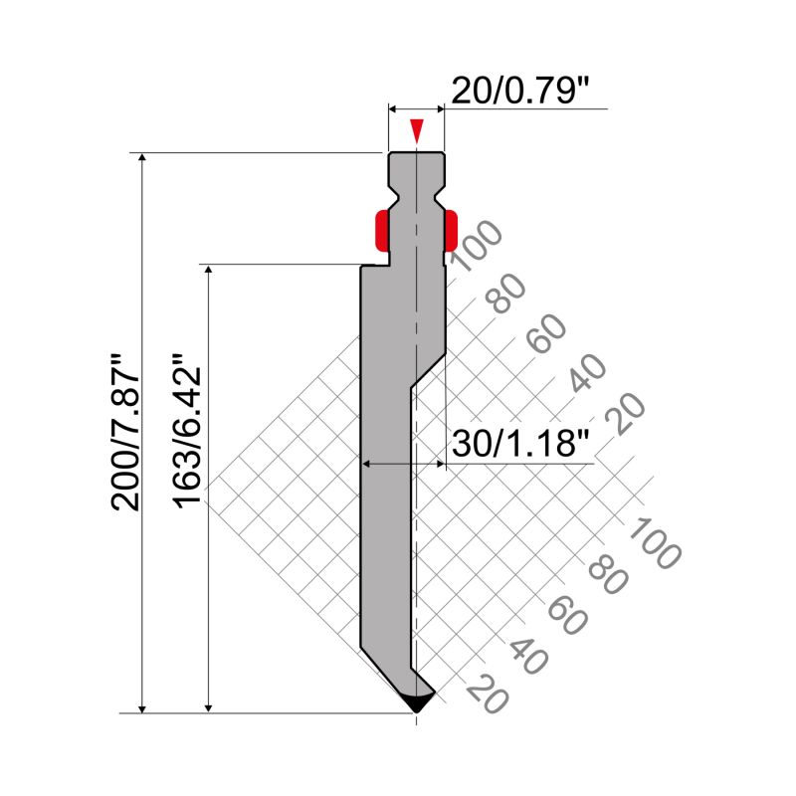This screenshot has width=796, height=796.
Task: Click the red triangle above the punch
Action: tap(417, 131)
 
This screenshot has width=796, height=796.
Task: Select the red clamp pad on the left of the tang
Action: tap(381, 230)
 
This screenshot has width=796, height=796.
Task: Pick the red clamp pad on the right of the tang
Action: tap(451, 230)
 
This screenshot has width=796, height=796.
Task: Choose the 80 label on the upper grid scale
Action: tap(508, 291)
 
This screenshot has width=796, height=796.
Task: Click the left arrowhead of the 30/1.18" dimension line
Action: tap(367, 463)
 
